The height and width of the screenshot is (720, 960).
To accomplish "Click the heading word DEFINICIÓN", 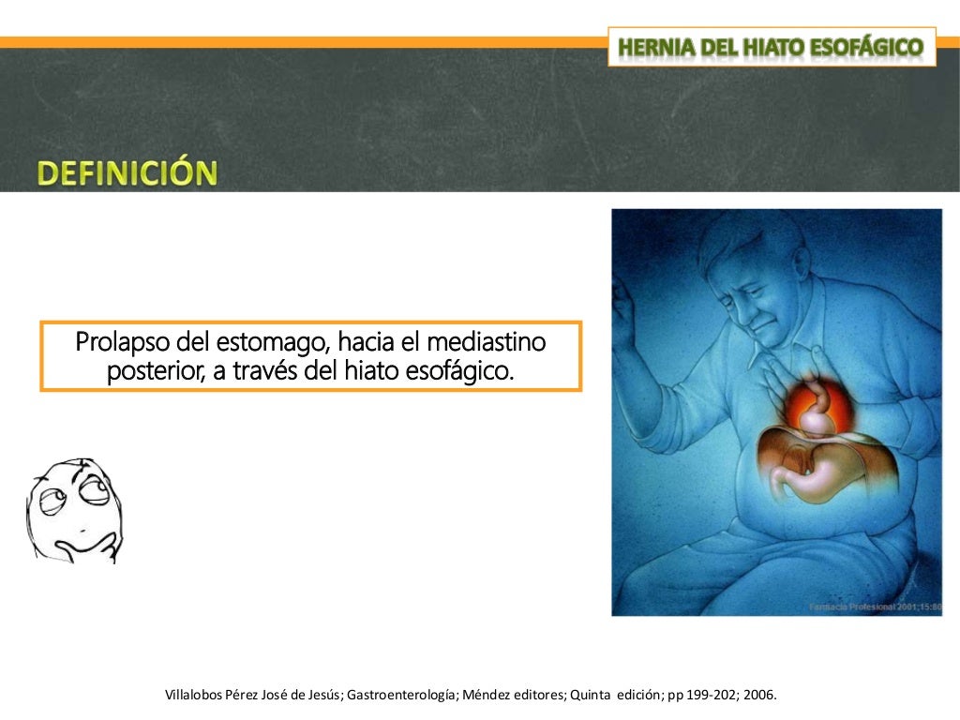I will [127, 173].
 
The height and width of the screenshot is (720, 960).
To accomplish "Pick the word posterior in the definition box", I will [151, 370].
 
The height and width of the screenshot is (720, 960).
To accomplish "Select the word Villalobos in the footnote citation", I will [195, 696].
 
